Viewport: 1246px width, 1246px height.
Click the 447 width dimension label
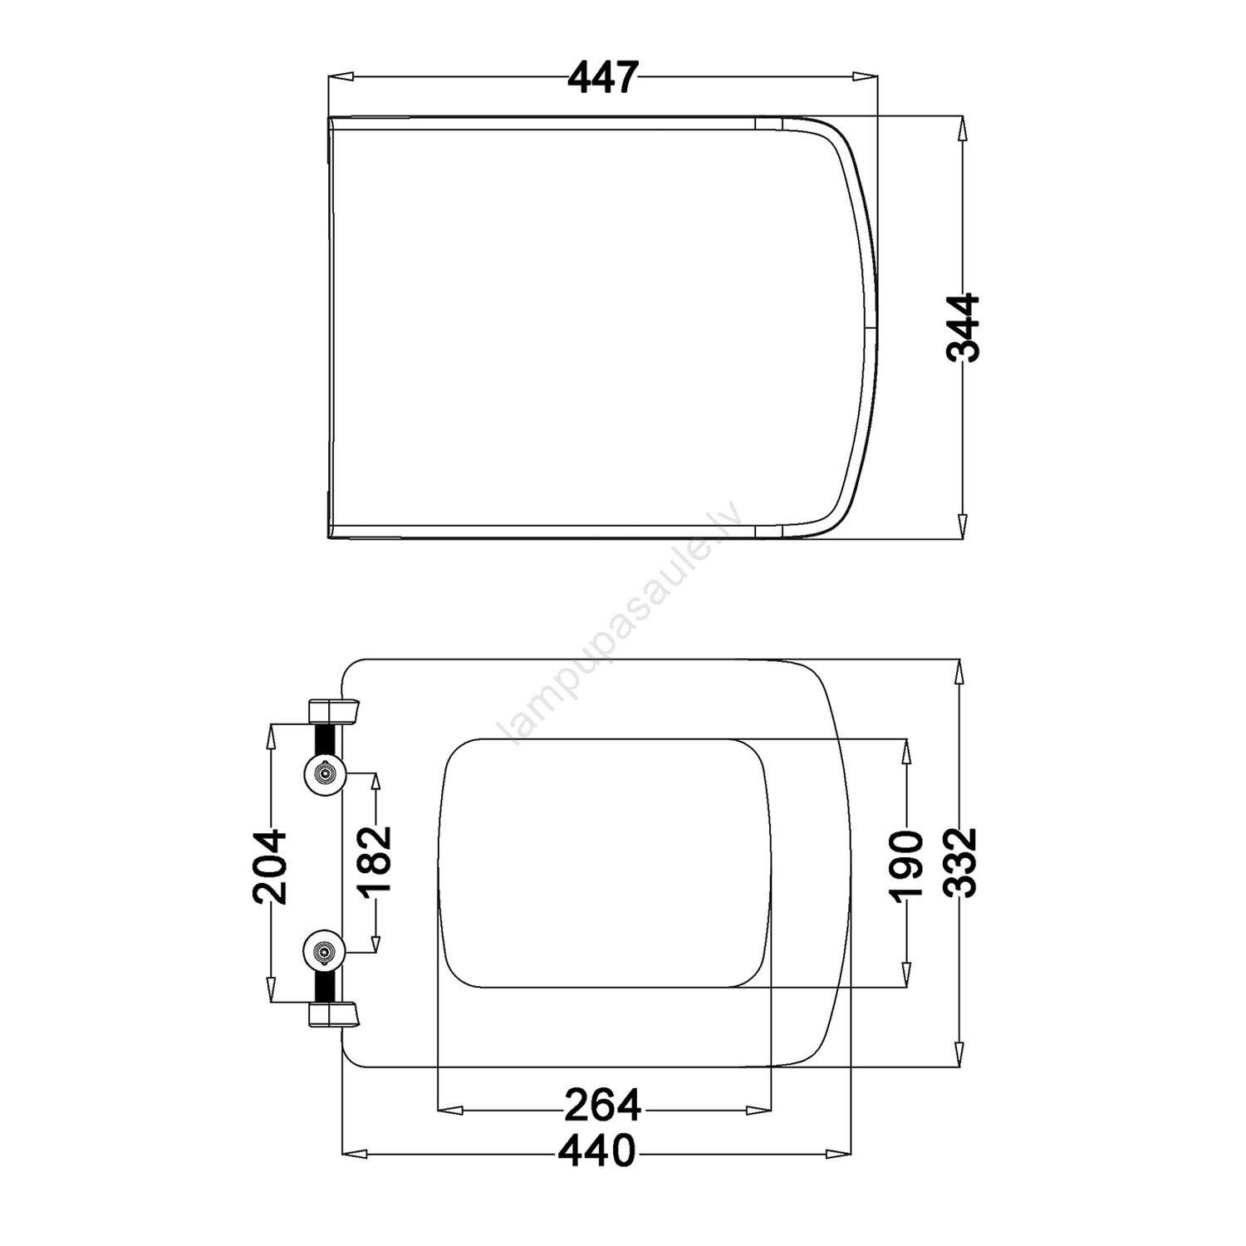click(x=604, y=78)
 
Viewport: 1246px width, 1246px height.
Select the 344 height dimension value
click(x=963, y=327)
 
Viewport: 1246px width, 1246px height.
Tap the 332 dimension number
click(x=963, y=861)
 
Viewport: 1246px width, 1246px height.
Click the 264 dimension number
click(x=603, y=1105)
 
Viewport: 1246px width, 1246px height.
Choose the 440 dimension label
click(x=597, y=1151)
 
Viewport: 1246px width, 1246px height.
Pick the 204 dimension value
click(x=270, y=866)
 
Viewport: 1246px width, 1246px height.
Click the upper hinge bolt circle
click(x=323, y=774)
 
